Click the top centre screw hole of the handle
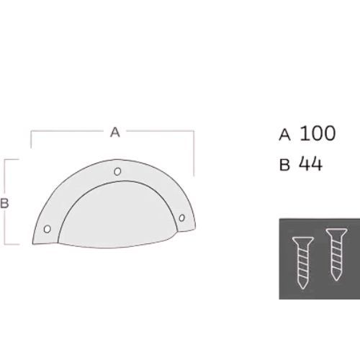point(117,171)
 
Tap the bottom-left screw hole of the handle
point(48,229)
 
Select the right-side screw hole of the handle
point(181,217)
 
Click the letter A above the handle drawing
point(115,132)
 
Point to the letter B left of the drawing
point(4,203)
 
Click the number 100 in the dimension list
point(318,133)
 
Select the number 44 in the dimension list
point(310,164)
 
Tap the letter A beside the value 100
point(284,135)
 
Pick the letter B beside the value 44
point(284,165)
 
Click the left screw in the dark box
point(303,263)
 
